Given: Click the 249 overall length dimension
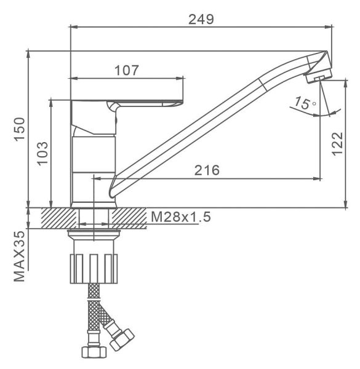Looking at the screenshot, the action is coord(201,19).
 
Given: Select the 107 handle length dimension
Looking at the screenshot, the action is coord(127,70).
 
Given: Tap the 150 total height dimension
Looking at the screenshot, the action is coord(19,129).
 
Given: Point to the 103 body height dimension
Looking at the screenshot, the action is coord(42,153).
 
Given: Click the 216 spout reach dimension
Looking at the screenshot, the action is coord(207,170).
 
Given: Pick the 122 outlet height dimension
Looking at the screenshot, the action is coord(337,143).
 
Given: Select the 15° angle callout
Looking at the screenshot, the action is coord(305,103).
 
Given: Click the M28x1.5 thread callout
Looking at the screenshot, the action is coord(180,216).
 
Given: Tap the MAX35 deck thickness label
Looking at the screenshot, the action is coord(19,256).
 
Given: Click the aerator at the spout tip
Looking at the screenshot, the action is coord(319,76).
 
